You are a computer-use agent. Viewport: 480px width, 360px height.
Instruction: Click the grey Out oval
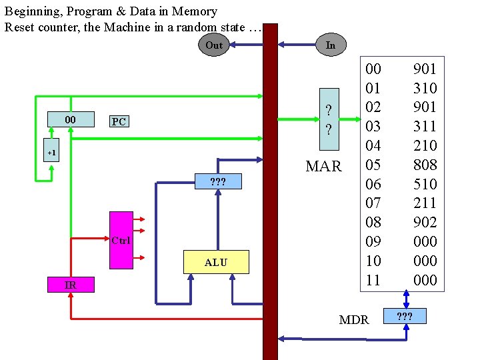[214, 45]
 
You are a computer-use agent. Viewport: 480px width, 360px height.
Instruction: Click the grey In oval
[330, 45]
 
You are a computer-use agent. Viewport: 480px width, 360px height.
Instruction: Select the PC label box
[119, 121]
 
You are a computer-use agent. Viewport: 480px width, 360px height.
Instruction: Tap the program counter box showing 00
[69, 119]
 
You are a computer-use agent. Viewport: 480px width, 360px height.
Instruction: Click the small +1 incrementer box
[52, 153]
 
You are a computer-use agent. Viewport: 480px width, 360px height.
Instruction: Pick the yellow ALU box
[215, 262]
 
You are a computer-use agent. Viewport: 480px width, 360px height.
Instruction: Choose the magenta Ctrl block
[121, 240]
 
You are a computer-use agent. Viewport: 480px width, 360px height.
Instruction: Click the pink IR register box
[70, 285]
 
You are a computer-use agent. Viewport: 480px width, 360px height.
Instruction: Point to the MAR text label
[323, 167]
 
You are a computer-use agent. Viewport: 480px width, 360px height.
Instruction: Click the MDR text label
[353, 320]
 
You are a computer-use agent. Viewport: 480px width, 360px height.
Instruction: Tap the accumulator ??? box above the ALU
[217, 181]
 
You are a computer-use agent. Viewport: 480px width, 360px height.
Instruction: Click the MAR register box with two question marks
[328, 119]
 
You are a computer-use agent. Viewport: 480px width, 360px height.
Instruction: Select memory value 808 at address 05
[425, 165]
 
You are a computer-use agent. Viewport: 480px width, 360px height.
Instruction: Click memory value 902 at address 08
[425, 222]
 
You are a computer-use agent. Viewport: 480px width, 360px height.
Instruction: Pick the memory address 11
[373, 280]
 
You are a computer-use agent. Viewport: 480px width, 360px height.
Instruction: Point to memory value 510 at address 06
[425, 184]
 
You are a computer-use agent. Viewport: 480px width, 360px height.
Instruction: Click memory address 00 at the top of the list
[373, 69]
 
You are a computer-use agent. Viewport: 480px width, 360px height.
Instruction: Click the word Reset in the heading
[20, 27]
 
